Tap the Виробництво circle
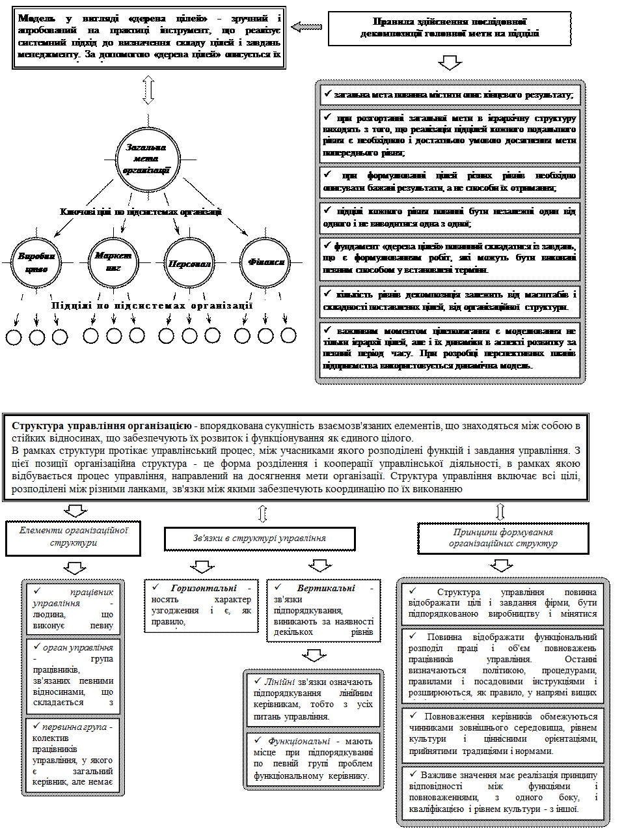tap(36, 262)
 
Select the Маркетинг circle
tap(113, 262)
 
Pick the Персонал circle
tap(190, 262)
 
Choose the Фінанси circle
tap(265, 262)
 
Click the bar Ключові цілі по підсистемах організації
tap(141, 212)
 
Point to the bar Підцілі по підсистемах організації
tap(152, 306)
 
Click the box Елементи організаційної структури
tap(74, 537)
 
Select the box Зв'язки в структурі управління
tap(260, 538)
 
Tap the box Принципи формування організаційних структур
tap(503, 537)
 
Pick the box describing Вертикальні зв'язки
tap(323, 609)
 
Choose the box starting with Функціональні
tap(313, 759)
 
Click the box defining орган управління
tap(72, 675)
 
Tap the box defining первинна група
tap(72, 754)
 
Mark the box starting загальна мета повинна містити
tap(450, 94)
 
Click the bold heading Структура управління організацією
tap(101, 426)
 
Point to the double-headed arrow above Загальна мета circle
tap(148, 89)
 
